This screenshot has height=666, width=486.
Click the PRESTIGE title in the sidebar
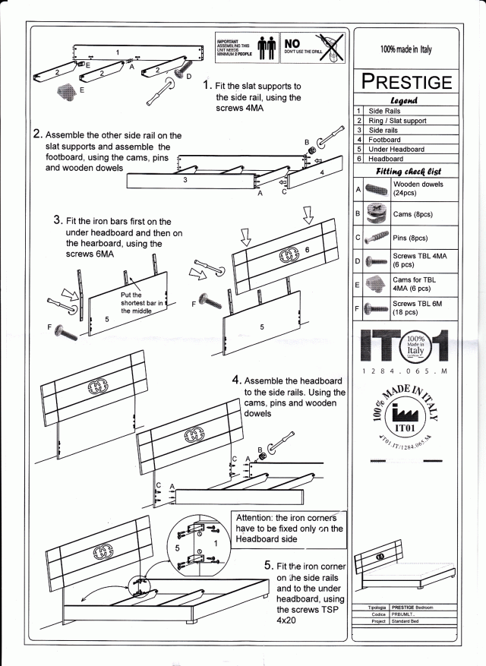406,81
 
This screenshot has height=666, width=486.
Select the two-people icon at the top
265,46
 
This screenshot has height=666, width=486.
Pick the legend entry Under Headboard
396,150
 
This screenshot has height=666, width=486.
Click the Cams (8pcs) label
412,215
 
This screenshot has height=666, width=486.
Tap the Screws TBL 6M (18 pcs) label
414,308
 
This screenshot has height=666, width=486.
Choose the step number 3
58,219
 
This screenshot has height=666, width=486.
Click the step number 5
269,567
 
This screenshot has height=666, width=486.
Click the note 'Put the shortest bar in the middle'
142,302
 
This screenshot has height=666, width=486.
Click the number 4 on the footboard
322,172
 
